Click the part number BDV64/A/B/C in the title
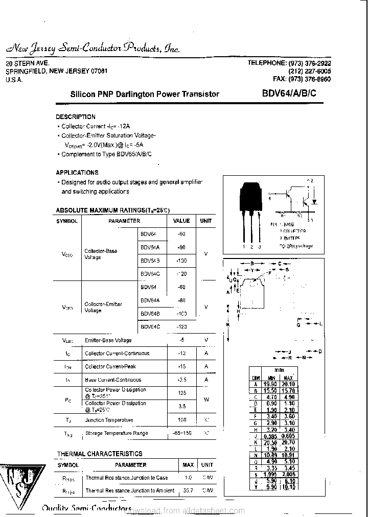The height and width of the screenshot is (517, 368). click(x=289, y=93)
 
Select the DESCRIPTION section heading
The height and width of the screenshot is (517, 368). click(x=76, y=117)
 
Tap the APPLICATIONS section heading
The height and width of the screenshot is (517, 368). click(x=77, y=173)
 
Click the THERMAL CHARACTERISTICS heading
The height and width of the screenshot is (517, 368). click(x=100, y=454)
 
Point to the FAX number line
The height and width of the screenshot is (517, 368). click(x=302, y=80)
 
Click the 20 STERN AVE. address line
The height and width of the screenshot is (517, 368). click(x=27, y=63)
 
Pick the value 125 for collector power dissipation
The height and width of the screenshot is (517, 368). click(x=181, y=393)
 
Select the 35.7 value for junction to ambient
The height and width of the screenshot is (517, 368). click(x=188, y=490)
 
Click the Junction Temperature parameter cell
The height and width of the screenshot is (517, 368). click(x=109, y=420)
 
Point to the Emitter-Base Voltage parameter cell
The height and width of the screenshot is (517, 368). click(x=108, y=340)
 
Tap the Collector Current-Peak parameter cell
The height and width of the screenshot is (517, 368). click(x=110, y=366)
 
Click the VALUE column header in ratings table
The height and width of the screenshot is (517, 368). click(x=181, y=221)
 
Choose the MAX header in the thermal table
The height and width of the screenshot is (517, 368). click(x=188, y=465)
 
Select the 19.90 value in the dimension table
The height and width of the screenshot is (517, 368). click(x=270, y=384)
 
